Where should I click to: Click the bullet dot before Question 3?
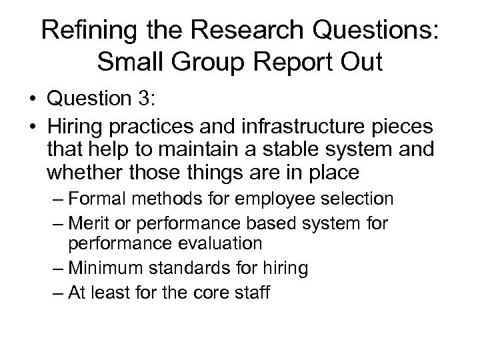pyautogui.click(x=33, y=101)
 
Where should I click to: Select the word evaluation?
pyautogui.click(x=223, y=243)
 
